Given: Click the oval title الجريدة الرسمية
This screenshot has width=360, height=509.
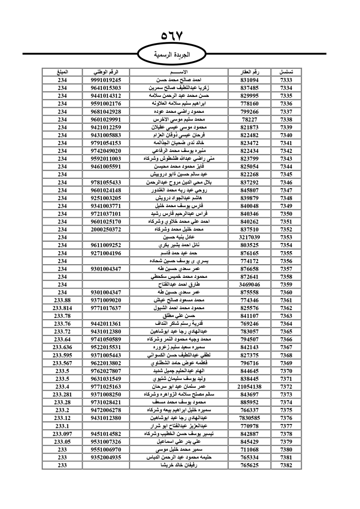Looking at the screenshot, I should click(x=172, y=55).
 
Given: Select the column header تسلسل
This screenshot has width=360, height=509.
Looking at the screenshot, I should click(x=286, y=72).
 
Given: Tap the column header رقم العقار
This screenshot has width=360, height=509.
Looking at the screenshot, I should click(x=249, y=72).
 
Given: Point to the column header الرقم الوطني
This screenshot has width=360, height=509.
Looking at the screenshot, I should click(x=106, y=72).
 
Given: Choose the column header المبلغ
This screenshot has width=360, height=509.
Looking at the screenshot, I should click(x=62, y=72).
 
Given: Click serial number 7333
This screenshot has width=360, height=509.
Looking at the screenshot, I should click(x=286, y=80).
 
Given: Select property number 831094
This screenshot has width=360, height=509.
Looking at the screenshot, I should click(x=249, y=80).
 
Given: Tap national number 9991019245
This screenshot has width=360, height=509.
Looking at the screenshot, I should click(x=106, y=80).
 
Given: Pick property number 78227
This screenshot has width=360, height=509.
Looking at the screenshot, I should click(x=249, y=120).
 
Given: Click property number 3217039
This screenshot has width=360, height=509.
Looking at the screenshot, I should click(x=249, y=237).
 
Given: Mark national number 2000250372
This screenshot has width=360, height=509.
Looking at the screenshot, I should click(x=106, y=229).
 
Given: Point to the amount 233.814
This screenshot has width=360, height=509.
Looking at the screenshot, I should click(x=62, y=308).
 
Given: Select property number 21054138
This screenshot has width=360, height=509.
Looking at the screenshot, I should click(x=249, y=387).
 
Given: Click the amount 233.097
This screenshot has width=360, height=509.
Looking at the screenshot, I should click(x=62, y=434).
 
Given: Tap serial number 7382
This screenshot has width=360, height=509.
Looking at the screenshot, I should click(x=286, y=465).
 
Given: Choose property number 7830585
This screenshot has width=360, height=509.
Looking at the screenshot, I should click(x=249, y=418).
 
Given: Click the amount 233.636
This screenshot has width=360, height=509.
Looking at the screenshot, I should click(x=62, y=347).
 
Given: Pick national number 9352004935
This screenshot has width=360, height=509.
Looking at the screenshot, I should click(x=106, y=457).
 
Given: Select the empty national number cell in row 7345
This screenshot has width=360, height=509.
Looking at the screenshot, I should click(x=106, y=174).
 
